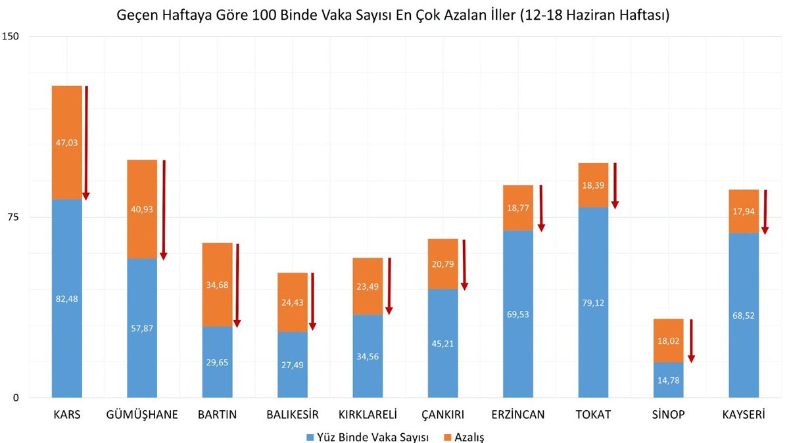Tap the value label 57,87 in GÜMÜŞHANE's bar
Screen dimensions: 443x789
pyautogui.click(x=142, y=328)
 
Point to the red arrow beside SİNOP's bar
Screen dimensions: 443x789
pyautogui.click(x=691, y=340)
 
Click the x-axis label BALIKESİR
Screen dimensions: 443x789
pyautogui.click(x=293, y=415)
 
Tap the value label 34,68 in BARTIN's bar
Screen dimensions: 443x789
pyautogui.click(x=218, y=285)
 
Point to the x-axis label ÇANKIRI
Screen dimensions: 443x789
pyautogui.click(x=442, y=415)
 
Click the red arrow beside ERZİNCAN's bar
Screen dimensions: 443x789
pyautogui.click(x=541, y=208)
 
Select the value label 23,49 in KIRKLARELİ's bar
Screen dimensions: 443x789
pyautogui.click(x=368, y=286)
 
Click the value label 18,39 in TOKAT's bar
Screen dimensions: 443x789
pyautogui.click(x=593, y=185)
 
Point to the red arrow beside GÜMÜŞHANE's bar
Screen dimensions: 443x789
pyautogui.click(x=164, y=210)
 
